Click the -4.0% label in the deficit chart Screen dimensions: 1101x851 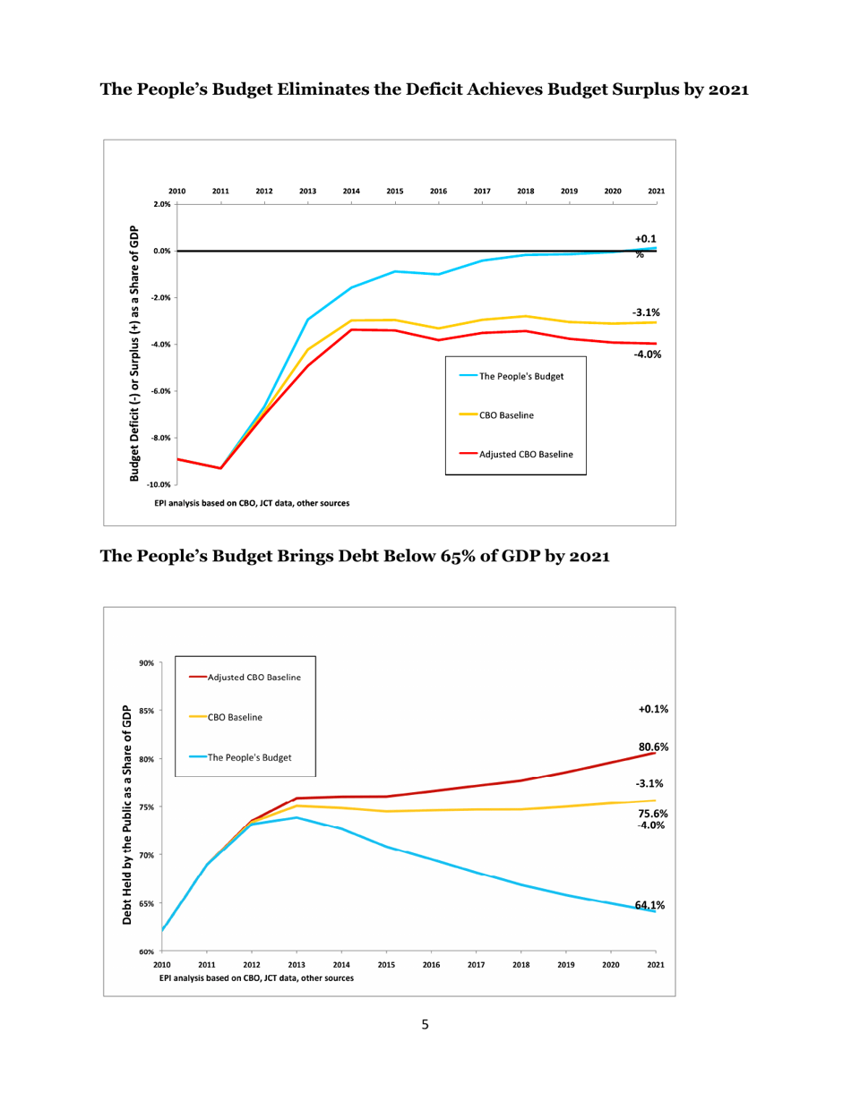coord(648,354)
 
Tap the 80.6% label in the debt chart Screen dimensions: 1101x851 coord(654,747)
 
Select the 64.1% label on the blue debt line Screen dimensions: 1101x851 coord(650,906)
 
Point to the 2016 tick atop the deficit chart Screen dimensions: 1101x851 coord(438,192)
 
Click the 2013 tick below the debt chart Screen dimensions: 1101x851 coord(297,966)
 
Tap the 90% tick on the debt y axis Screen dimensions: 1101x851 coord(145,662)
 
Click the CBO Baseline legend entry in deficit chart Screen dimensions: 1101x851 coord(508,415)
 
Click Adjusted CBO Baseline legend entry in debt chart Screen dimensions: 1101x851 coord(254,677)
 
